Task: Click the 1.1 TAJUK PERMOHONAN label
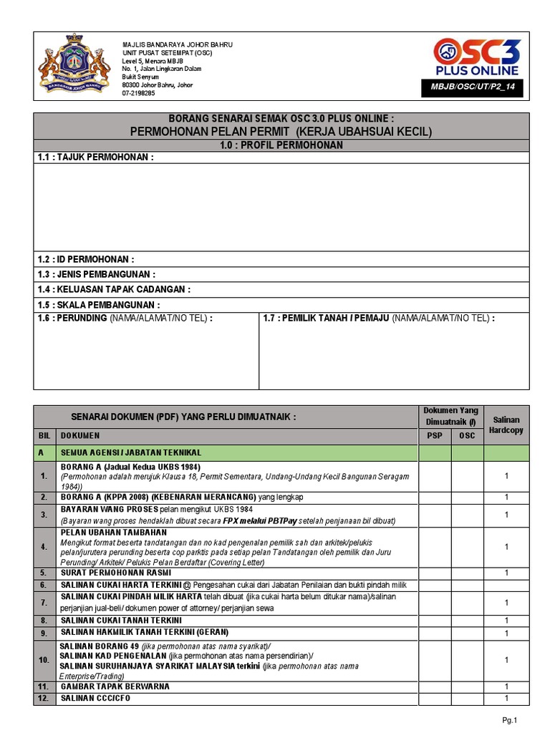point(96,157)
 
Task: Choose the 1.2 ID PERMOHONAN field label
point(86,259)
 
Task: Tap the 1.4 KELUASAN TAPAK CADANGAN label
point(115,289)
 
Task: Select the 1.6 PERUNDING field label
point(125,319)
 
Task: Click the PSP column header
point(435,435)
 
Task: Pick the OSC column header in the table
point(467,435)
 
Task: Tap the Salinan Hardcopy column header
point(506,424)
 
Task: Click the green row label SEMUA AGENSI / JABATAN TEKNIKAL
point(130,452)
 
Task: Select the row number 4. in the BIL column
point(44,547)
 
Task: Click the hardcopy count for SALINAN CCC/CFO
point(506,698)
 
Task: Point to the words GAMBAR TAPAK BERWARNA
point(115,686)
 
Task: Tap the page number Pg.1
point(510,720)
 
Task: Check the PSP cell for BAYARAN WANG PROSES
point(435,515)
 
